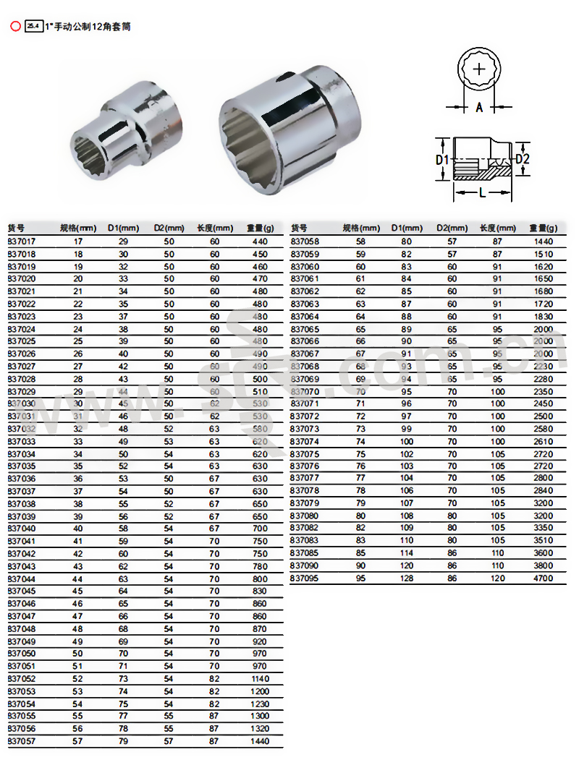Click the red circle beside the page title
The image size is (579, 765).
pos(16,26)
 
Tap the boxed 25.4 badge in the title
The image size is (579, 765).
pos(33,26)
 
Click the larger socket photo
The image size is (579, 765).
pos(290,131)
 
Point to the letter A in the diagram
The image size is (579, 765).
pos(479,107)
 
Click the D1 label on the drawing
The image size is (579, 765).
pos(441,160)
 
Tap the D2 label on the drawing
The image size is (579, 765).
pos(523,159)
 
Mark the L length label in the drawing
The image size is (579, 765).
pos(482,193)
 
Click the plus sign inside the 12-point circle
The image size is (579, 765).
pos(479,69)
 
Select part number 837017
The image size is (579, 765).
pos(22,242)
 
